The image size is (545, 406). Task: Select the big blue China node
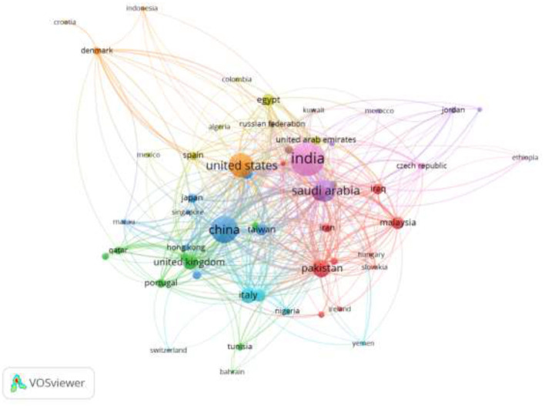tap(223, 230)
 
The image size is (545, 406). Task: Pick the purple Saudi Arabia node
tap(324, 192)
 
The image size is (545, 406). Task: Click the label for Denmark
tap(97, 51)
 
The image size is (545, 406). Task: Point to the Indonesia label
tap(142, 8)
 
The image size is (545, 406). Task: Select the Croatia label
tap(65, 22)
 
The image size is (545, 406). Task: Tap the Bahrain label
tap(232, 372)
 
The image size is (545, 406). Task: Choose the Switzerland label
tap(169, 351)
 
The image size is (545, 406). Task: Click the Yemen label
tap(363, 343)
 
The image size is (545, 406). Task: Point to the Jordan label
tap(453, 109)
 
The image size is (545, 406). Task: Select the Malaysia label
tap(397, 223)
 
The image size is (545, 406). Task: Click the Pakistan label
tap(321, 268)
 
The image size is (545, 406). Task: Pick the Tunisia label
tap(239, 346)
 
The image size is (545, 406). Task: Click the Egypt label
tap(268, 99)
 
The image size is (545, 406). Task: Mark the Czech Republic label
tap(421, 166)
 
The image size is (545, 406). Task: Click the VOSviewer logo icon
tap(18, 382)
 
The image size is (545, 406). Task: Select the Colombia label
tap(236, 79)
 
